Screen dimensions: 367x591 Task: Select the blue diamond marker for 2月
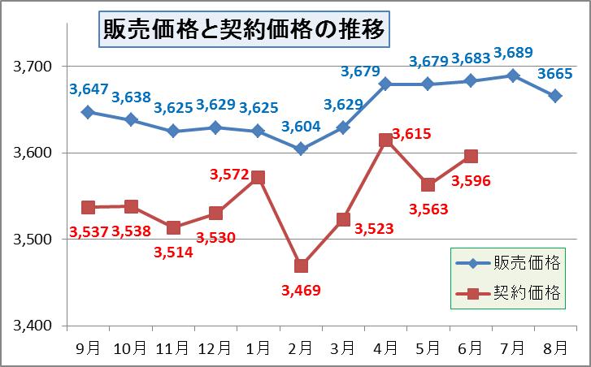[302, 149]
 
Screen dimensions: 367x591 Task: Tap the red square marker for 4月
[386, 140]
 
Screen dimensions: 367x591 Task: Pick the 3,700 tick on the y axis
[33, 66]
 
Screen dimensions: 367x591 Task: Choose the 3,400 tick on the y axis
[33, 326]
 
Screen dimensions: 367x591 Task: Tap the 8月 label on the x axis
[555, 348]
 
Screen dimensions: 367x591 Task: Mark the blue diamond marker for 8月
[555, 96]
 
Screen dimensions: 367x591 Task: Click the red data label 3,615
[411, 134]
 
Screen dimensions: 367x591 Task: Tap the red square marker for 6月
[471, 157]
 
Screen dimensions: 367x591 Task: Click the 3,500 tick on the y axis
[33, 240]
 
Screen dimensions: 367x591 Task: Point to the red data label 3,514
[174, 252]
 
